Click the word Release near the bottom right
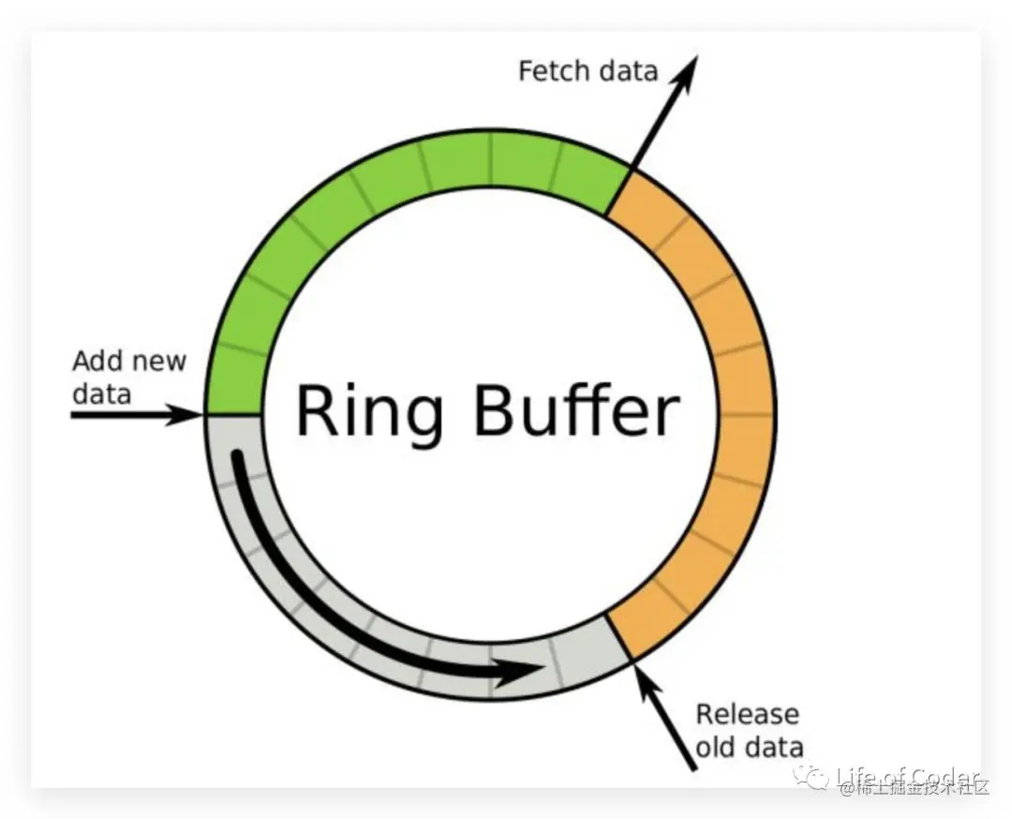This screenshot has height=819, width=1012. pyautogui.click(x=748, y=715)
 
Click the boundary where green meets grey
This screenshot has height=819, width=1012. pyautogui.click(x=232, y=413)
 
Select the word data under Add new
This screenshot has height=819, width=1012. pyautogui.click(x=101, y=393)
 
